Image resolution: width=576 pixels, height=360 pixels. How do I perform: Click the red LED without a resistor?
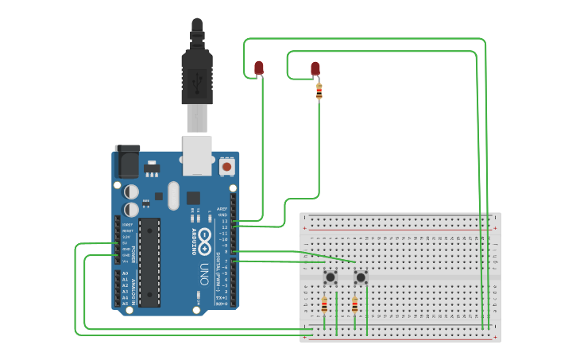[x=259, y=68]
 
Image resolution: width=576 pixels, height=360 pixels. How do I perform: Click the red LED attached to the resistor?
[x=315, y=69]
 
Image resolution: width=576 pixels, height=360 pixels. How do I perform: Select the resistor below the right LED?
[x=319, y=91]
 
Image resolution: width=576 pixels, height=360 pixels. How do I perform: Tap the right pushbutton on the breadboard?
[x=361, y=277]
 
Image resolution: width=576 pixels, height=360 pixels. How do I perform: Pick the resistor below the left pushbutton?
[x=324, y=306]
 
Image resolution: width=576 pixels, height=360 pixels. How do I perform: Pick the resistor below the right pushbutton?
[x=354, y=307]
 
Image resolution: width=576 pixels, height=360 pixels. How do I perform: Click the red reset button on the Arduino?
[x=227, y=167]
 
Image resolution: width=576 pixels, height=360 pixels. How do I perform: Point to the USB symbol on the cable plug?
[x=197, y=79]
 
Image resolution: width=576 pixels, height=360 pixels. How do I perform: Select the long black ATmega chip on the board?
[x=149, y=262]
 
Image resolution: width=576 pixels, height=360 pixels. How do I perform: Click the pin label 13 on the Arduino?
[x=224, y=221]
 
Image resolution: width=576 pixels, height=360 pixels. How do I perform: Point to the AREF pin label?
[x=222, y=209]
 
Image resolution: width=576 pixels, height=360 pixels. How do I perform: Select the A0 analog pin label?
[x=125, y=273]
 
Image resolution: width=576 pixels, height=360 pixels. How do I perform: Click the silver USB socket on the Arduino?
[x=197, y=154]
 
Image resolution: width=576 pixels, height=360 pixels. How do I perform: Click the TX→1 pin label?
[x=222, y=297]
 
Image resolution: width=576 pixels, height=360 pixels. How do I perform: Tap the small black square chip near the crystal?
[x=193, y=197]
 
